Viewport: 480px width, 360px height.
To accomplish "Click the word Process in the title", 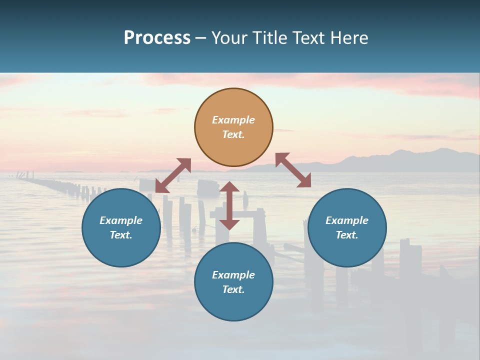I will [157, 38].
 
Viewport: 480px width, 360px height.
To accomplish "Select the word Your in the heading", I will [229, 38].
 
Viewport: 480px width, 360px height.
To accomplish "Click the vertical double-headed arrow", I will [229, 205].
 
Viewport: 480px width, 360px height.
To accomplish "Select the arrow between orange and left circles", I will [173, 175].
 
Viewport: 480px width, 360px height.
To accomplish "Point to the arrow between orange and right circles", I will [293, 170].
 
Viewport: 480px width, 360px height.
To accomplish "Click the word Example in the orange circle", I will [233, 120].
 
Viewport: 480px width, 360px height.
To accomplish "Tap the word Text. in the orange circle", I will [233, 134].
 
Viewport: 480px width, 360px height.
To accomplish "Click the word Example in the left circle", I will [121, 220].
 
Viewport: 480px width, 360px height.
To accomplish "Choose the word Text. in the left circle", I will [121, 235].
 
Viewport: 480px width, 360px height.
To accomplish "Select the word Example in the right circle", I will [347, 220].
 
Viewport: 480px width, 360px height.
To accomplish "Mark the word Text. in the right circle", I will [347, 235].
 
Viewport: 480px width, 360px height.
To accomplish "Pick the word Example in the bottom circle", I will [233, 275].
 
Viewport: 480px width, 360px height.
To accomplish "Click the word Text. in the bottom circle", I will [233, 289].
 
